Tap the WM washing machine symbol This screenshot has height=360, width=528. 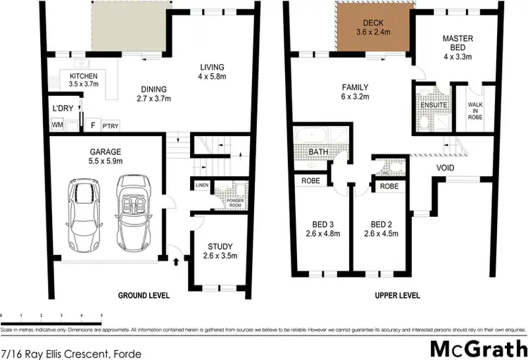pyautogui.click(x=56, y=125)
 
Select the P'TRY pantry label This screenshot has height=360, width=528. pyautogui.click(x=110, y=125)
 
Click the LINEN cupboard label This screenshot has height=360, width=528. pyautogui.click(x=202, y=185)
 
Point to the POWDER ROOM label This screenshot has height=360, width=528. pyautogui.click(x=228, y=199)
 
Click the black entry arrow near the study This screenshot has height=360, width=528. pyautogui.click(x=175, y=261)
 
